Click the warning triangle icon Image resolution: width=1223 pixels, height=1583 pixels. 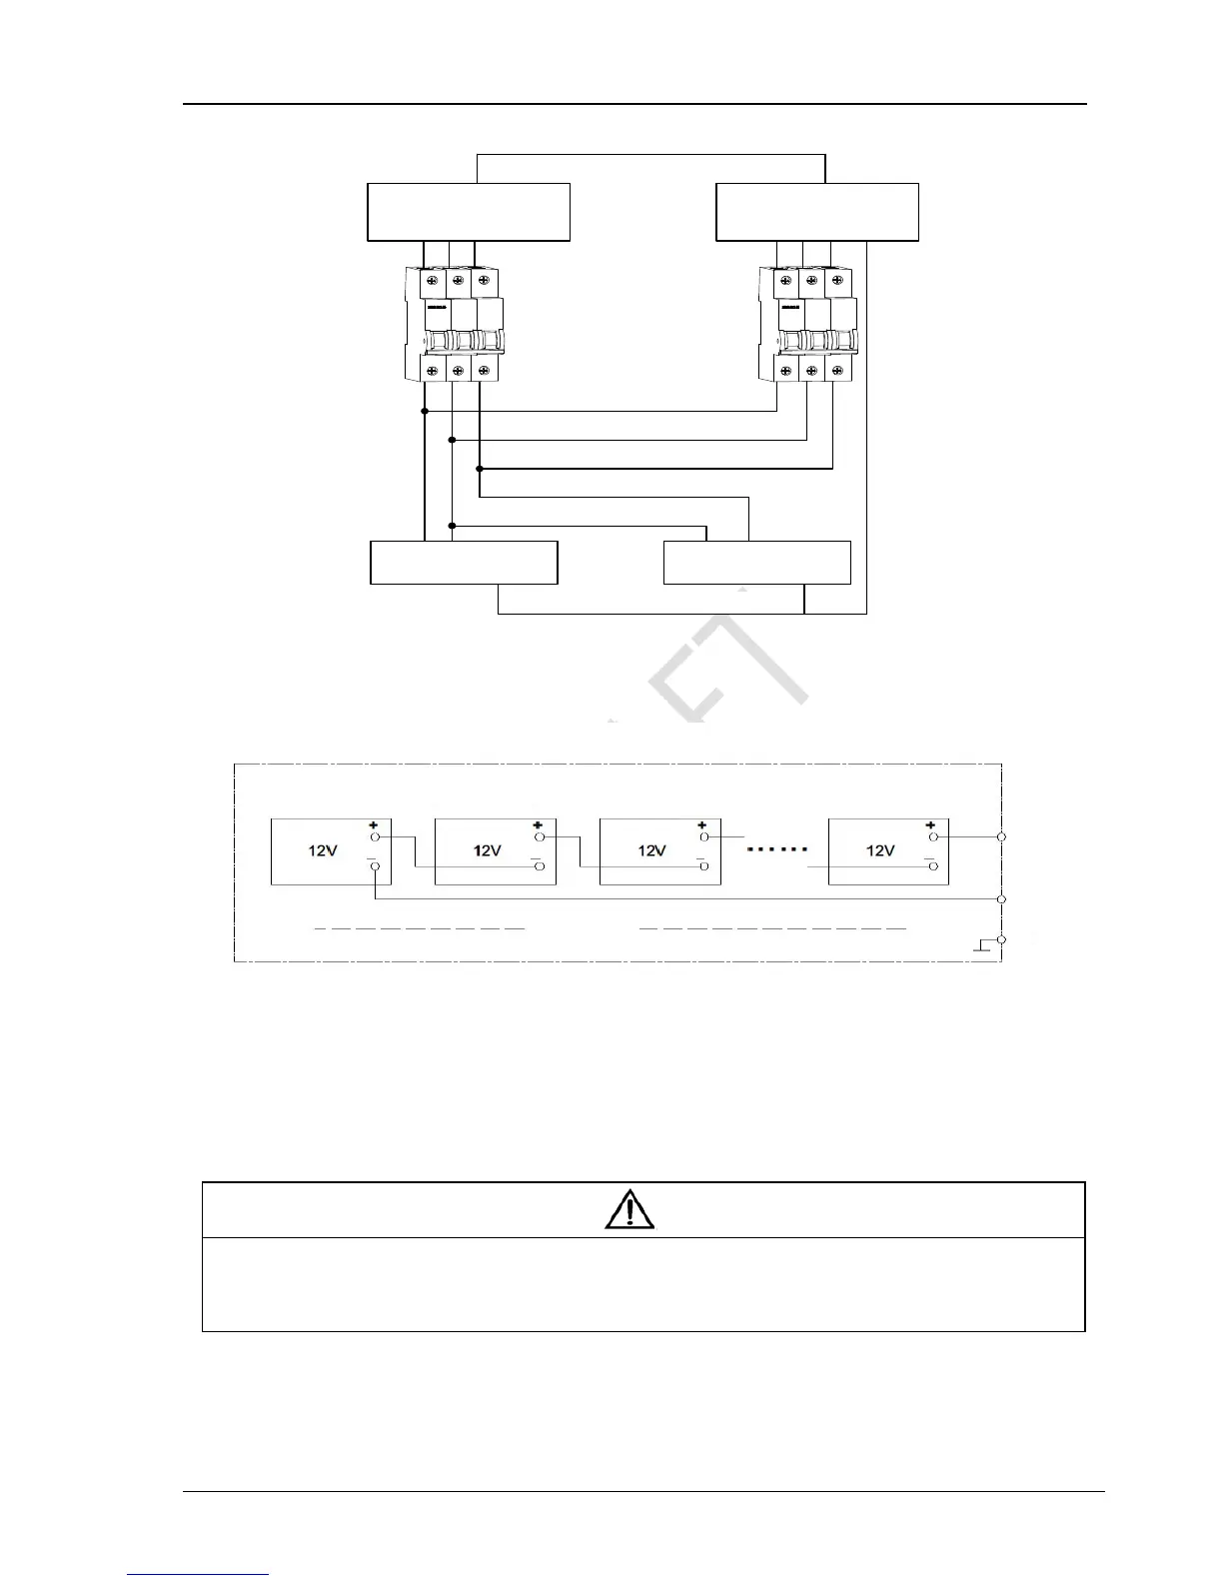(629, 1209)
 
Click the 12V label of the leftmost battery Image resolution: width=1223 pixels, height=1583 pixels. (322, 850)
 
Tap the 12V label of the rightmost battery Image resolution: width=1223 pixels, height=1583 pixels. (880, 850)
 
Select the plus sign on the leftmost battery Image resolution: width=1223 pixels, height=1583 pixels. (375, 824)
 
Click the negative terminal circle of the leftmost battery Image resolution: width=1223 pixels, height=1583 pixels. (375, 867)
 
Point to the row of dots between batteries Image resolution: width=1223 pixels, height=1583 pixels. (777, 849)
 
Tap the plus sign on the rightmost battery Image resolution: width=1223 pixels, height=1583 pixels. (931, 824)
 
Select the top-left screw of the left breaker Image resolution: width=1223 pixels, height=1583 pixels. (432, 283)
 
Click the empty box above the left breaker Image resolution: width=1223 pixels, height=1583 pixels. (469, 212)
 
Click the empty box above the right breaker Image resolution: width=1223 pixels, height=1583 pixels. (817, 212)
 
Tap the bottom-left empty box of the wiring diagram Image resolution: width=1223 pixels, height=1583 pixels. (464, 563)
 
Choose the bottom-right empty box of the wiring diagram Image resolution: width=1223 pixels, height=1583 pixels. (757, 563)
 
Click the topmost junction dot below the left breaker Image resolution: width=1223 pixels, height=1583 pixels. (425, 411)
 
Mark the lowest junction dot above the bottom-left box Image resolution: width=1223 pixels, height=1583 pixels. (453, 526)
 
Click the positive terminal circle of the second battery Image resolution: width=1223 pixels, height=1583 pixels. (540, 836)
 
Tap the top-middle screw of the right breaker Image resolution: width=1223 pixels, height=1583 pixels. (811, 283)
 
